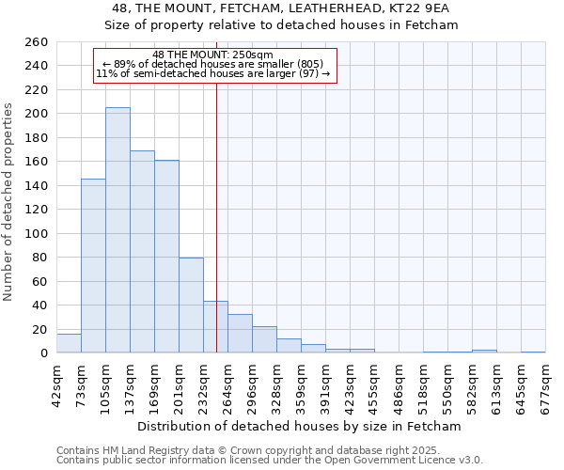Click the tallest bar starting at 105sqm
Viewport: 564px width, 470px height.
tap(117, 230)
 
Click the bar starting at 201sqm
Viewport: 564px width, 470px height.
tap(191, 305)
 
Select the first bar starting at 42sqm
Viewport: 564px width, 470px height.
tap(69, 343)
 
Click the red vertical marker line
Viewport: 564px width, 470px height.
tap(217, 188)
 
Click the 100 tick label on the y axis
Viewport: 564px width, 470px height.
tap(36, 234)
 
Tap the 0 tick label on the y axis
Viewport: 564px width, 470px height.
tap(43, 353)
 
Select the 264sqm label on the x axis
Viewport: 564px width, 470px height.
tap(228, 384)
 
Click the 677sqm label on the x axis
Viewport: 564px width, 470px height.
tap(546, 384)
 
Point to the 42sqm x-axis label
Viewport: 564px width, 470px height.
tap(57, 384)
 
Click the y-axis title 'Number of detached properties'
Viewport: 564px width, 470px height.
tap(9, 201)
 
